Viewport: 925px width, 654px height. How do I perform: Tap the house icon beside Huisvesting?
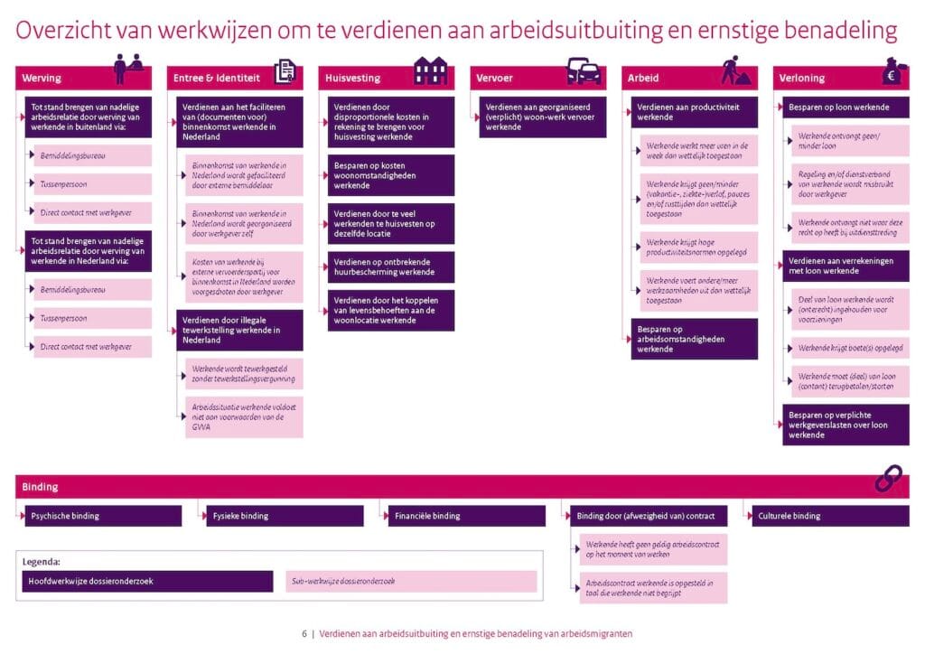[x=430, y=70]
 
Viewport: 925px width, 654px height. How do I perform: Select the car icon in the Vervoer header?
[x=583, y=70]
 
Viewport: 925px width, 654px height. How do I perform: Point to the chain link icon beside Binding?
[x=888, y=479]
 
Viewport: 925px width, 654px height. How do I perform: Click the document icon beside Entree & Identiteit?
[x=285, y=70]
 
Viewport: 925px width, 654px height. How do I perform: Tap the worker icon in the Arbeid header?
[x=736, y=70]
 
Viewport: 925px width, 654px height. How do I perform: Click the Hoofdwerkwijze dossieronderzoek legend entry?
[x=147, y=581]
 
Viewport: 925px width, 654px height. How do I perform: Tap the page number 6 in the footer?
[x=304, y=634]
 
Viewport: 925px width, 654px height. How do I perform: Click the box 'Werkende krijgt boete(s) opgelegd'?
[x=850, y=348]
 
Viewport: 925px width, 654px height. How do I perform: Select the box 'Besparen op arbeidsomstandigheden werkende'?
[x=693, y=339]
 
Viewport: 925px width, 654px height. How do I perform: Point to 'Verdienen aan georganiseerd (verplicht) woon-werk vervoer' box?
[x=542, y=117]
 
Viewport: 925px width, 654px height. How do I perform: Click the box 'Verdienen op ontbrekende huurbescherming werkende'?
[x=390, y=266]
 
